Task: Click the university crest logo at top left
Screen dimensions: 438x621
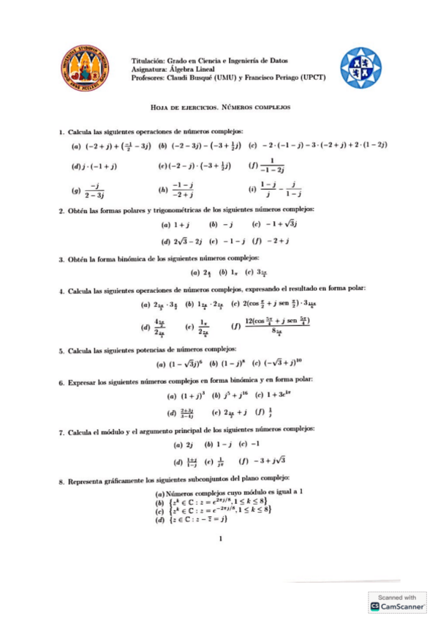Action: pyautogui.click(x=83, y=67)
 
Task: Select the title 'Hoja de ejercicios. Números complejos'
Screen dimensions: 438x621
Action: pyautogui.click(x=220, y=107)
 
